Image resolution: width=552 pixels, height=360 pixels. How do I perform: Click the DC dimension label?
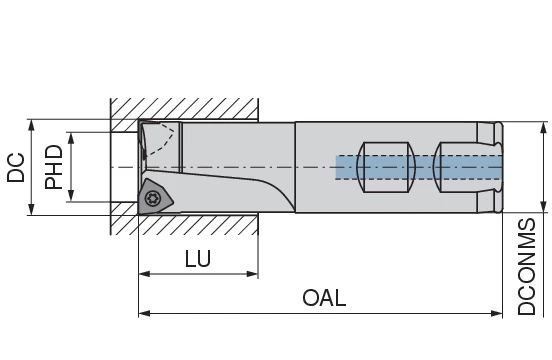tap(16, 167)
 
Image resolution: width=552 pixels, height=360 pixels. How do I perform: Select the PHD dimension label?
tap(54, 167)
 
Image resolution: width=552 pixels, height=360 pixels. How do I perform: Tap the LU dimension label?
tap(198, 259)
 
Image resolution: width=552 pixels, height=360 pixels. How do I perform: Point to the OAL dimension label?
tap(324, 298)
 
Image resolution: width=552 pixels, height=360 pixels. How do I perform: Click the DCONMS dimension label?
tap(527, 266)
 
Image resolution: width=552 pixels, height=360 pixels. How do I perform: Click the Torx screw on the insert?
tap(152, 198)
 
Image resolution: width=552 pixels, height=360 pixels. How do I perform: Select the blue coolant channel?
tap(419, 168)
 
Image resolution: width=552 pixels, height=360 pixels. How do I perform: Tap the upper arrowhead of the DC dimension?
tap(32, 125)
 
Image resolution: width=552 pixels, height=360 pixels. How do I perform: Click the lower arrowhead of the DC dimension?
tap(32, 209)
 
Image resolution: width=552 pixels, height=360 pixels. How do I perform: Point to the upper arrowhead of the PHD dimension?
tap(71, 138)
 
